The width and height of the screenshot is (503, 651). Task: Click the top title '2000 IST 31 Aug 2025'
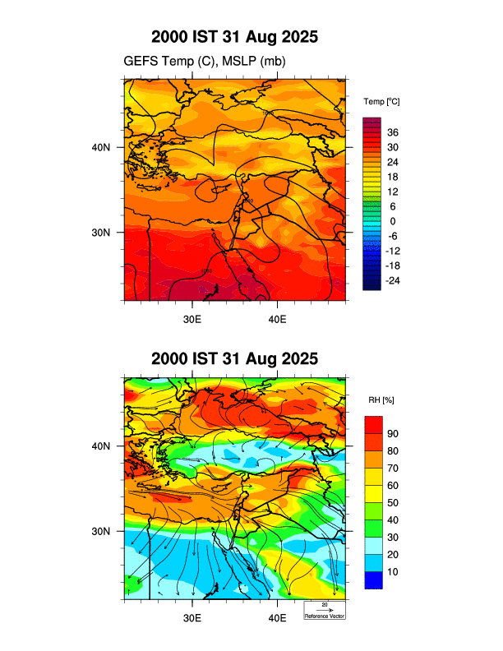click(x=234, y=38)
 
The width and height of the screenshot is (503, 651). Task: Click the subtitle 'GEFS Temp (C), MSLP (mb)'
click(x=205, y=62)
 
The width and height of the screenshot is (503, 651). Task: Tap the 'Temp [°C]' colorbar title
click(x=381, y=101)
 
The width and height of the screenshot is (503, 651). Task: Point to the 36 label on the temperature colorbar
click(x=393, y=132)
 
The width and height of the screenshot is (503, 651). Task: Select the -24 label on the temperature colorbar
click(x=393, y=281)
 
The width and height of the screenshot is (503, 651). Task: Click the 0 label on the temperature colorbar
click(x=393, y=221)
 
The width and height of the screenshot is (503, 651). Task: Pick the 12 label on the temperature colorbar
click(x=393, y=192)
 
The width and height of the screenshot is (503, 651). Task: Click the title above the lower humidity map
click(x=234, y=359)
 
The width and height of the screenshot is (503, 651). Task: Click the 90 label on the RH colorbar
click(x=393, y=433)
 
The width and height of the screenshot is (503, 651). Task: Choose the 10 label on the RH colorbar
click(x=393, y=571)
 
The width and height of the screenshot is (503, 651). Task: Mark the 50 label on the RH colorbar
click(x=393, y=502)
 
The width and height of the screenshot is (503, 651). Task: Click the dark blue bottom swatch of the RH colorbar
click(x=374, y=580)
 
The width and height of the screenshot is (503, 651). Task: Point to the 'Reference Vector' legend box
click(x=325, y=610)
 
